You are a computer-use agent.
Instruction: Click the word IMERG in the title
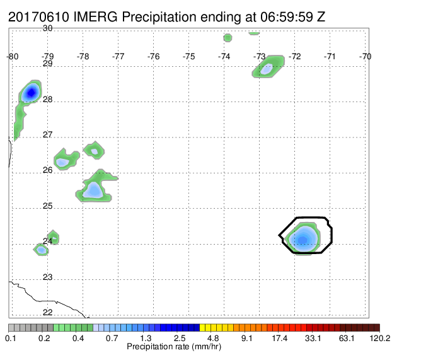[x=95, y=17]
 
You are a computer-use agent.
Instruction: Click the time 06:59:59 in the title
[x=286, y=17]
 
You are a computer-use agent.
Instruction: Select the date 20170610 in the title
[x=38, y=17]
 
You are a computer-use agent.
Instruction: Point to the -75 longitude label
[x=188, y=56]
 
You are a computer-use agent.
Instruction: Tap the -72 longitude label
[x=294, y=56]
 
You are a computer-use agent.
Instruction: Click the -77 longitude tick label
[x=118, y=56]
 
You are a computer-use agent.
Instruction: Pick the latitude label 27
[x=47, y=134]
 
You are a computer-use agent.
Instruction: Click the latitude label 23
[x=47, y=277]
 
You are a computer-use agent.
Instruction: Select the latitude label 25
[x=47, y=206]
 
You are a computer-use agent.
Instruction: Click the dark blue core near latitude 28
[x=31, y=93]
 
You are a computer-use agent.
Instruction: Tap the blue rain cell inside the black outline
[x=303, y=239]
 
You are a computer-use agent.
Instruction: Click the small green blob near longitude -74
[x=228, y=38]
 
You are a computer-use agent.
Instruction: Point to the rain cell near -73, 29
[x=268, y=67]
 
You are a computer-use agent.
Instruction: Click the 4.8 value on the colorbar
[x=213, y=338]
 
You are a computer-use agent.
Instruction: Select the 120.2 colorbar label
[x=380, y=338]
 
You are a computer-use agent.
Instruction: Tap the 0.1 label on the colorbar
[x=11, y=338]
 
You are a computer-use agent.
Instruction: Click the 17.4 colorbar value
[x=279, y=338]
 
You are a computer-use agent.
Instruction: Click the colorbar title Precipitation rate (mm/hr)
[x=174, y=347]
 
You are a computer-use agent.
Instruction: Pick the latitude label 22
[x=47, y=312]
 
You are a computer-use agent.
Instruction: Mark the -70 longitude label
[x=365, y=56]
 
